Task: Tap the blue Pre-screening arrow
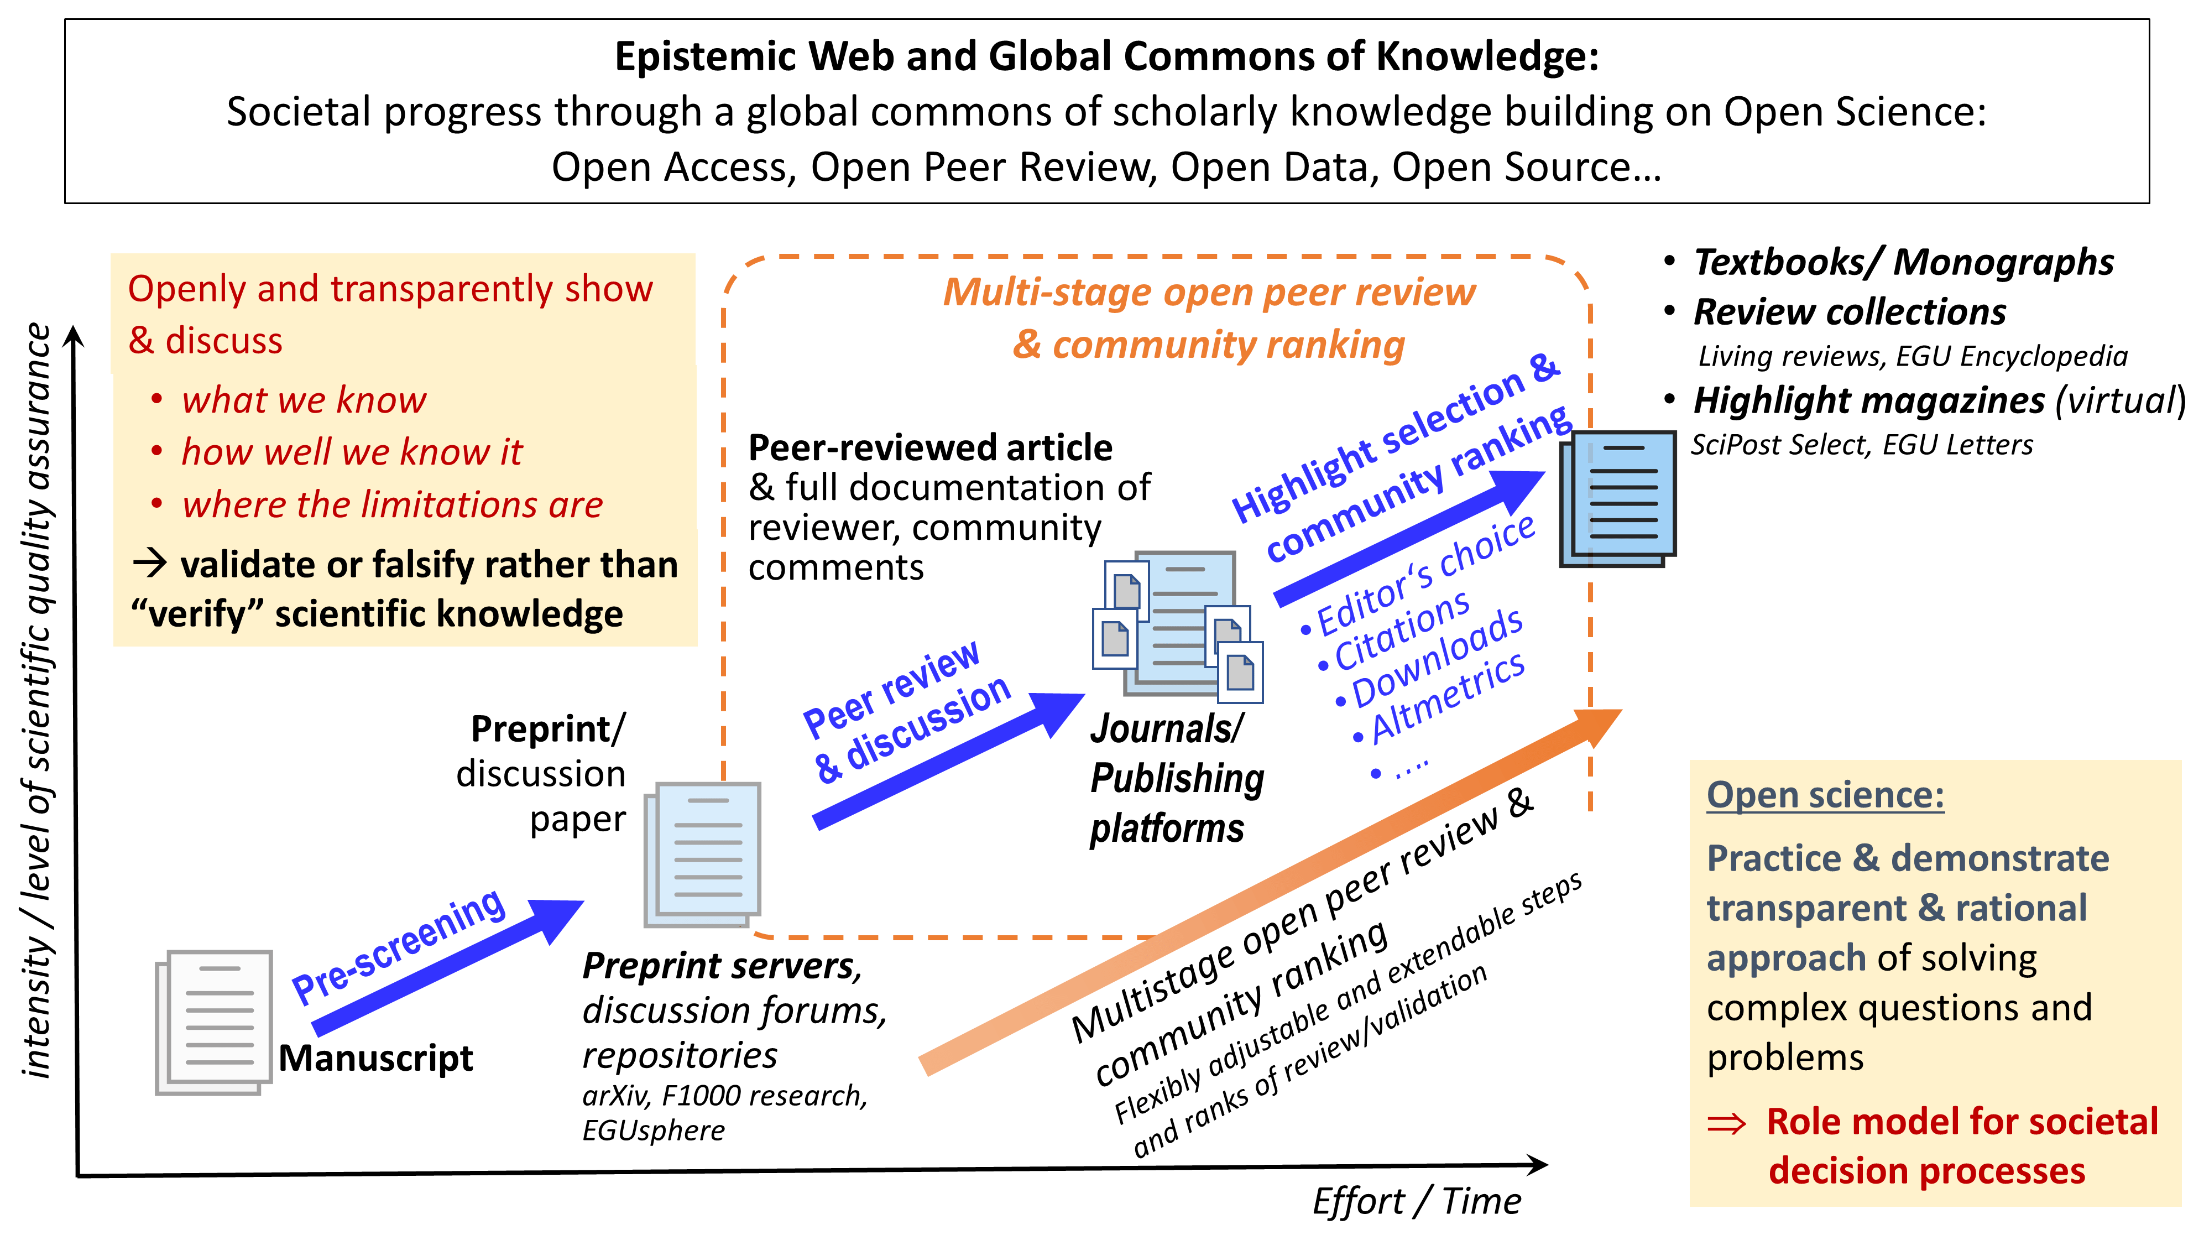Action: [445, 967]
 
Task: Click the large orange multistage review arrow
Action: [1266, 890]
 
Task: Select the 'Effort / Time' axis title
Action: [1417, 1201]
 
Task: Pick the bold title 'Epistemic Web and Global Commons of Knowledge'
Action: [1106, 56]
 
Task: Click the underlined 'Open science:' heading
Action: [1825, 795]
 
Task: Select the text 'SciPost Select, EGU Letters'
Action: [1862, 445]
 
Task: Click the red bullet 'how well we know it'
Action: [351, 452]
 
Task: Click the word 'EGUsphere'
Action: [654, 1130]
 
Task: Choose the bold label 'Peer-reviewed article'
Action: [930, 447]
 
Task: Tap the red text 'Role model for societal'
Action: [1962, 1121]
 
